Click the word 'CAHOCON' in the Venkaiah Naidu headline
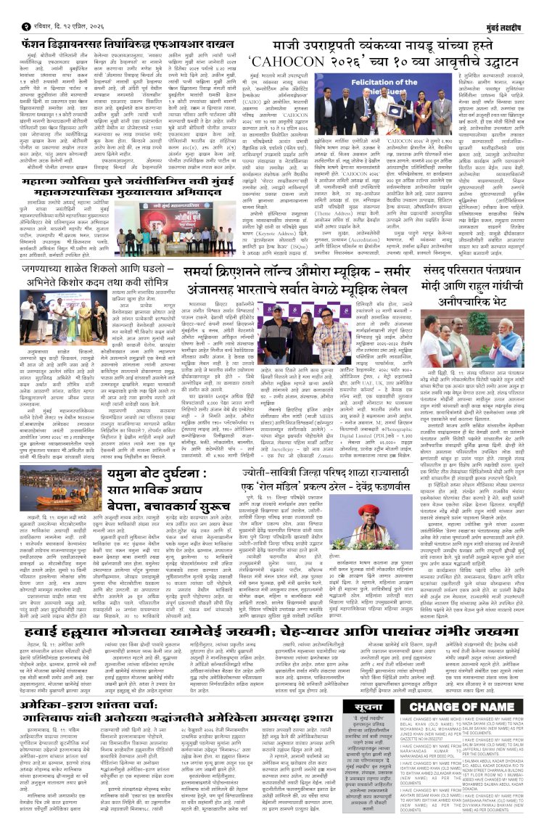[x=289, y=59]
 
